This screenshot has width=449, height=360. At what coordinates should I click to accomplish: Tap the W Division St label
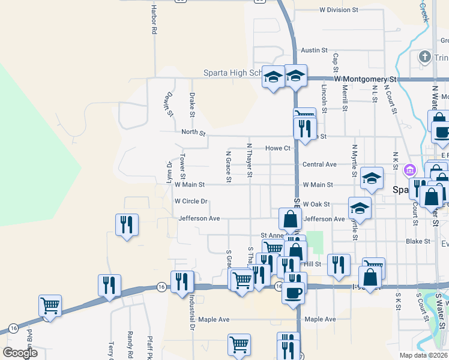(x=339, y=10)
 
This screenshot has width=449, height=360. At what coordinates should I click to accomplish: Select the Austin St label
(x=314, y=50)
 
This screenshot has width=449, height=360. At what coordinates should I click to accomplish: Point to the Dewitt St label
(x=170, y=104)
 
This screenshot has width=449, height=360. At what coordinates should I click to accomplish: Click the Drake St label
(x=192, y=104)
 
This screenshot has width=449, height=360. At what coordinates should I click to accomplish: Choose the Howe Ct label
(x=278, y=148)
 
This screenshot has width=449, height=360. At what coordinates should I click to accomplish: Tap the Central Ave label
(x=319, y=164)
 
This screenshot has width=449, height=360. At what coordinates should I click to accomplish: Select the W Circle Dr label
(x=190, y=202)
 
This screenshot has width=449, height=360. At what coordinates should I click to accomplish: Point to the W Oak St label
(x=316, y=205)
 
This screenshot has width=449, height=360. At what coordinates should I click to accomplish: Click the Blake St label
(x=418, y=241)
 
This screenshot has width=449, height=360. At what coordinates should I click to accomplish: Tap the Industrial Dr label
(x=192, y=312)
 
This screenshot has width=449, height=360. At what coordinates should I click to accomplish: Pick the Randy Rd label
(x=130, y=342)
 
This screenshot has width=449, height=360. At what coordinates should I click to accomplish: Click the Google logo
(x=20, y=352)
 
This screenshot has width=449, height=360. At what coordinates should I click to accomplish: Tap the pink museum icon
(x=411, y=169)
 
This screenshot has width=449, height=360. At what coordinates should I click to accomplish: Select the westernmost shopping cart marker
(x=49, y=305)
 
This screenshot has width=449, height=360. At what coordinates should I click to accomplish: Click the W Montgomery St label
(x=366, y=79)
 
